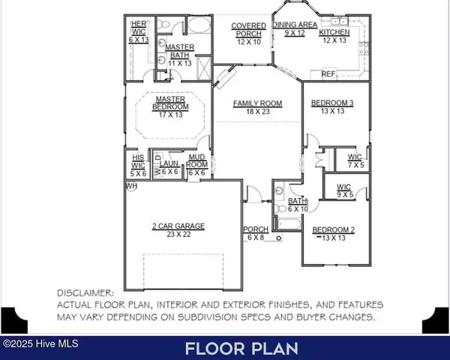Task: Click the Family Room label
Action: [x=256, y=103]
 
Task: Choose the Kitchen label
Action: [x=334, y=33]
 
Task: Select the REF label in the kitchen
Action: [x=328, y=74]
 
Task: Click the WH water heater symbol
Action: [x=131, y=185]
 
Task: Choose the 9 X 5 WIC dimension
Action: [x=344, y=194]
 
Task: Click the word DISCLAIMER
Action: [x=86, y=293]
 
